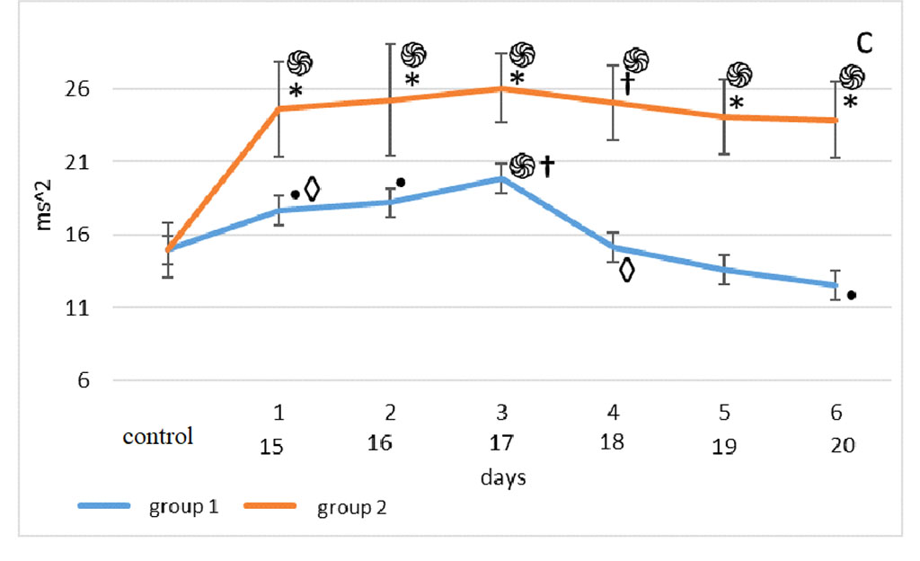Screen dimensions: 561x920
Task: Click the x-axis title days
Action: (502, 476)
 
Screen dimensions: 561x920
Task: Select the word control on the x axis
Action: (158, 438)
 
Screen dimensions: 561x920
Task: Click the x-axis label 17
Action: (502, 444)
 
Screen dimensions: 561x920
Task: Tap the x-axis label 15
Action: (279, 444)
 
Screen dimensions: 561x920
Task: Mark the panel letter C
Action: (863, 42)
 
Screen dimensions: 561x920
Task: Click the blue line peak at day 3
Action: (502, 178)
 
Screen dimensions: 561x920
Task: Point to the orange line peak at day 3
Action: (502, 88)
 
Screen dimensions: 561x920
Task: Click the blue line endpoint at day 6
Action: (836, 285)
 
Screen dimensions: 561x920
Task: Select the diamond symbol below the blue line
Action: (626, 271)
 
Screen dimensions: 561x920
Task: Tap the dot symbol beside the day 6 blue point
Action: (851, 295)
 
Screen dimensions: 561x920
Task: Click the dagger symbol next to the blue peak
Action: (545, 165)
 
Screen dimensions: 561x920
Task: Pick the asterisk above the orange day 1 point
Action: (296, 91)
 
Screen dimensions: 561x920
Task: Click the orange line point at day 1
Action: (279, 109)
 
